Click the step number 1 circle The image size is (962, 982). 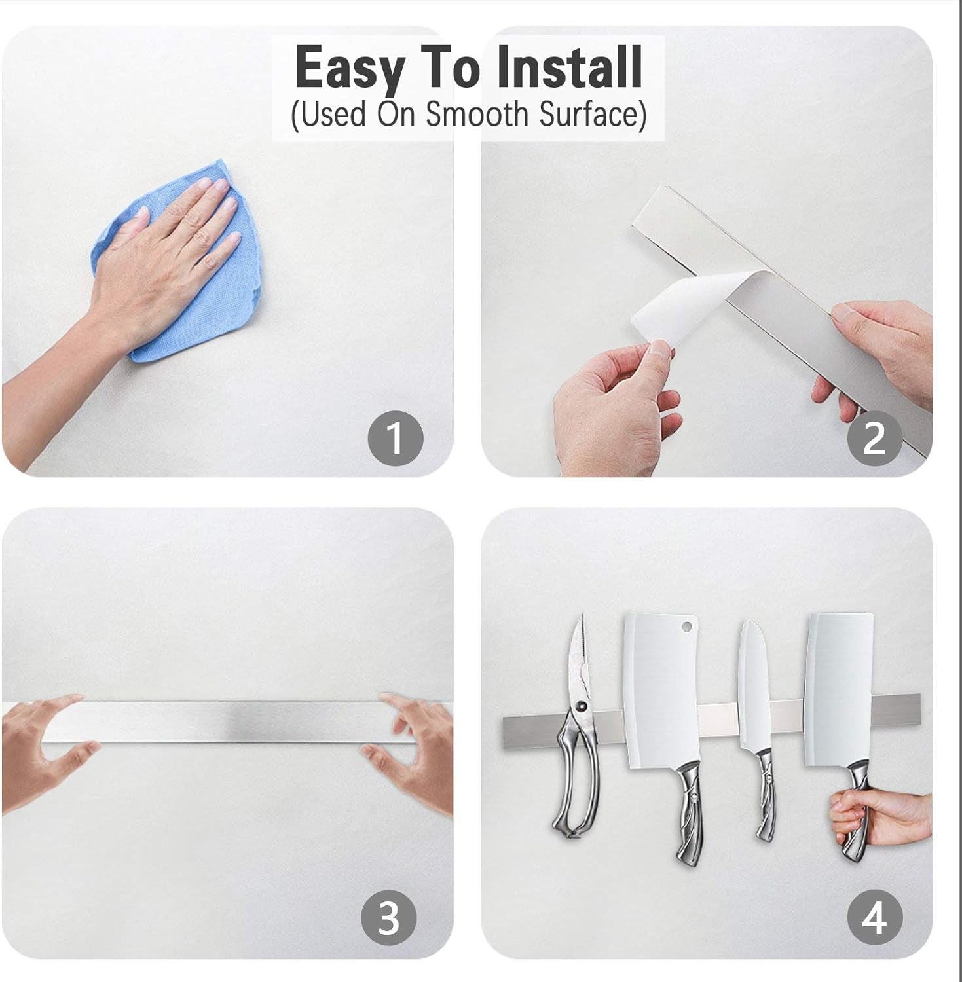pyautogui.click(x=395, y=438)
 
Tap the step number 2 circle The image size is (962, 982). pyautogui.click(x=875, y=438)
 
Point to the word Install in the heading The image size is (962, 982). pyautogui.click(x=568, y=67)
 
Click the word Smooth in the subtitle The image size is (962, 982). pyautogui.click(x=477, y=115)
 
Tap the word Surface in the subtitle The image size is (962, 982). pyautogui.click(x=593, y=115)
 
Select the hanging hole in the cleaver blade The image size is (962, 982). pyautogui.click(x=686, y=626)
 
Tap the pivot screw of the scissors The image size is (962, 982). pyautogui.click(x=580, y=706)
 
